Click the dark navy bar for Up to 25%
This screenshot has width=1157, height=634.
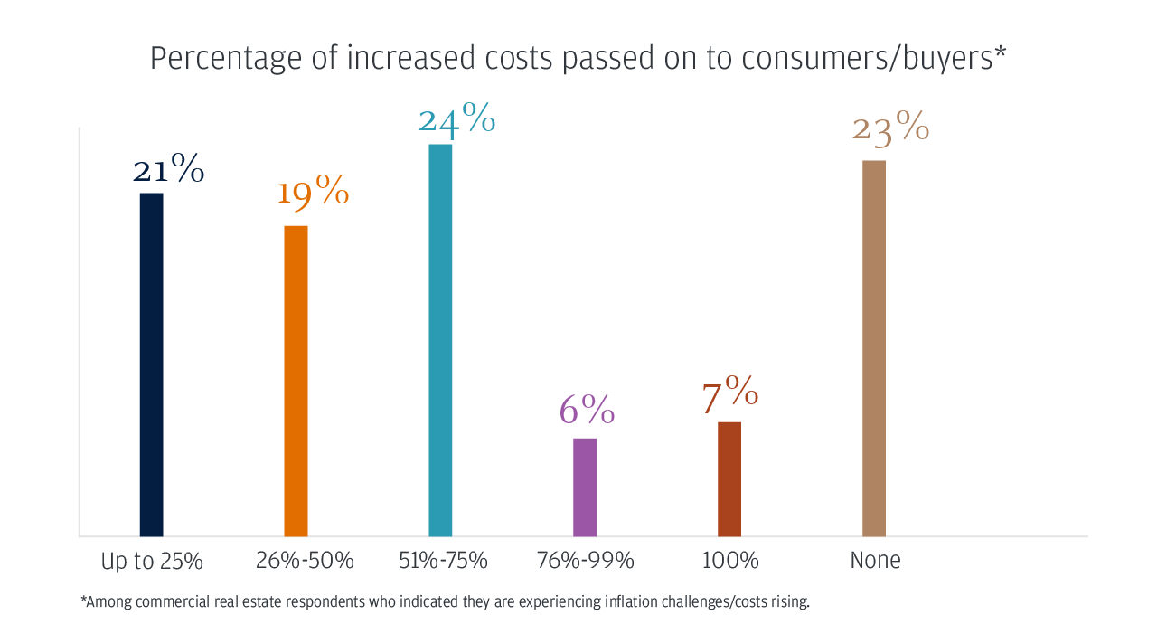151,364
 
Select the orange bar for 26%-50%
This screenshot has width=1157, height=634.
296,380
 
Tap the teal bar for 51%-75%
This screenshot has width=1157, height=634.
440,339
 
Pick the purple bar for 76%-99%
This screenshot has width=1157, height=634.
585,487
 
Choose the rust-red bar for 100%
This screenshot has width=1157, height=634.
729,478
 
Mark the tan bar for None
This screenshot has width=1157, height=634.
874,347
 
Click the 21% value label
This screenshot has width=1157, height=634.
169,170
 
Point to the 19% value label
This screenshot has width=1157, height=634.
313,192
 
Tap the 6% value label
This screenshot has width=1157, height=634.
587,412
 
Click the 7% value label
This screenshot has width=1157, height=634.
729,394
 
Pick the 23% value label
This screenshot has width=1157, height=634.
890,129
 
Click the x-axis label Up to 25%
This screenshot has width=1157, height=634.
152,562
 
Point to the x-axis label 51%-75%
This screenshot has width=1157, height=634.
443,561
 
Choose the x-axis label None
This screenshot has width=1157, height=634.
875,561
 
